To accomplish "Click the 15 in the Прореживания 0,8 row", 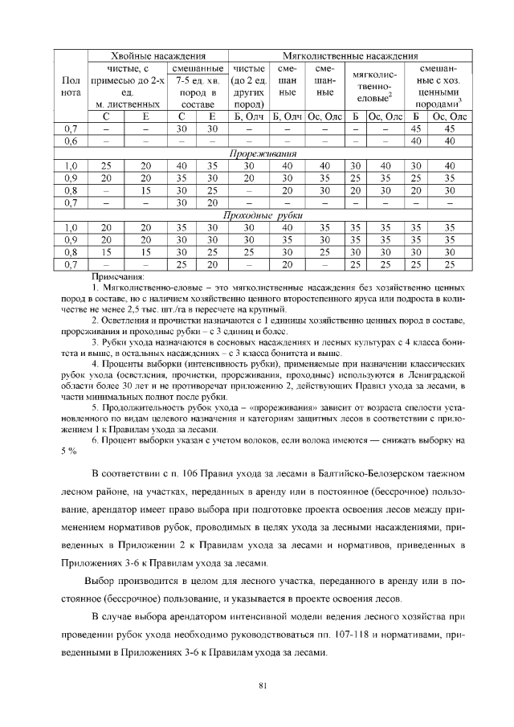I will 145,190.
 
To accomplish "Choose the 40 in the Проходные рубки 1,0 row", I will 291,227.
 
